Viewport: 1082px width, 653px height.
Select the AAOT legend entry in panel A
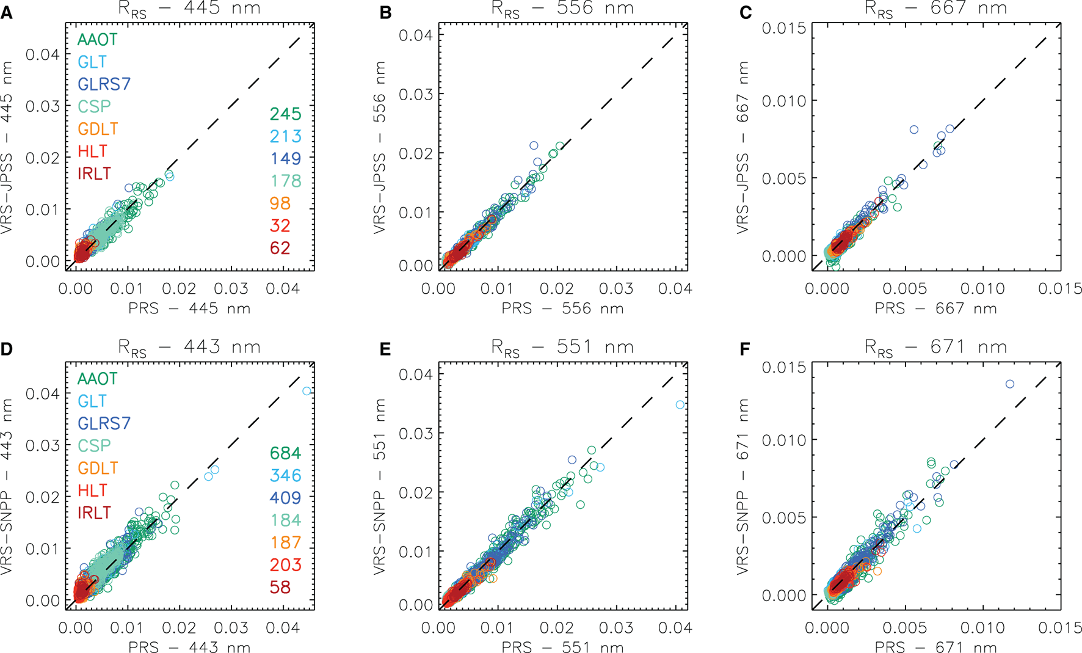pos(97,40)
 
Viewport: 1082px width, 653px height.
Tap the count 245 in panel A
pos(285,114)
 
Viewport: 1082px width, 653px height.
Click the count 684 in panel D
pos(285,453)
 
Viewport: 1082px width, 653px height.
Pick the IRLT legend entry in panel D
pos(94,513)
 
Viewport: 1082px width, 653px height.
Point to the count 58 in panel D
pos(280,587)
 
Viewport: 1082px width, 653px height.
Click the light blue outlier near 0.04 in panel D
pos(307,391)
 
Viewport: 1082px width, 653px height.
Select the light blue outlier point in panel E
pos(680,405)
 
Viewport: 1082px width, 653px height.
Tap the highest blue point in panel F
pos(1010,384)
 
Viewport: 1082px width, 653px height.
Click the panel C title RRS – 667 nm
pos(935,9)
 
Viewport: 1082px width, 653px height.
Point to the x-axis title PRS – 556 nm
pos(562,308)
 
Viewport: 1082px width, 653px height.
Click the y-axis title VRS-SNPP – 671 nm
pos(743,487)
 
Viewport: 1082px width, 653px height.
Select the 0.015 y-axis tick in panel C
pos(783,29)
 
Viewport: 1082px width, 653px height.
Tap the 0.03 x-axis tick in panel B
pos(616,288)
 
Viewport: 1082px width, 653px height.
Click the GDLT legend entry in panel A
pos(98,129)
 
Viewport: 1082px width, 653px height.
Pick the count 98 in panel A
pos(280,203)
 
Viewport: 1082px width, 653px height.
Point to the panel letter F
pos(745,349)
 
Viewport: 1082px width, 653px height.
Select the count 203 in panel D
pos(285,564)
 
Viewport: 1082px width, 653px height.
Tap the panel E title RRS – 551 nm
pos(562,348)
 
